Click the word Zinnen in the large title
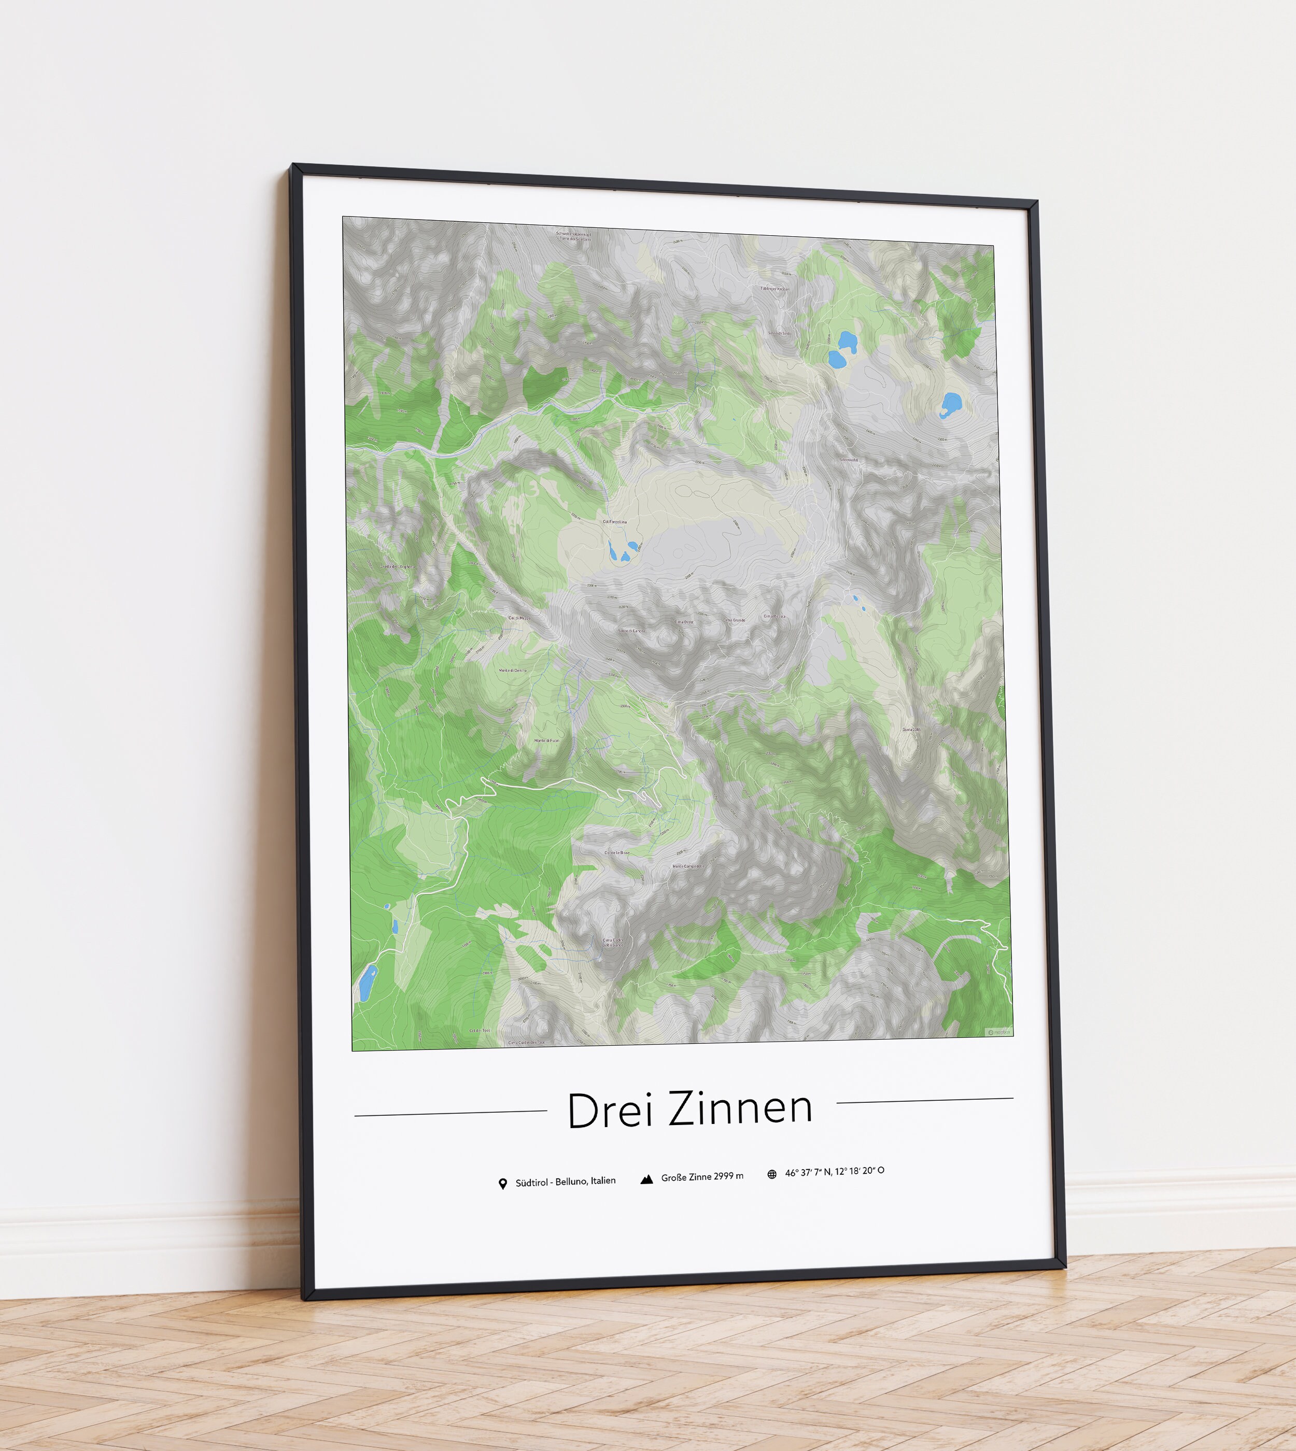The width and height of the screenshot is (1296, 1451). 741,1108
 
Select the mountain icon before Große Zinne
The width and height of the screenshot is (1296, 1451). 646,1180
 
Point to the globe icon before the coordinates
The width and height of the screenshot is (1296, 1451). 772,1174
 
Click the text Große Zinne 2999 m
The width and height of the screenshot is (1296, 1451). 702,1177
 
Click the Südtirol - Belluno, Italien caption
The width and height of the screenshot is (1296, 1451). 566,1182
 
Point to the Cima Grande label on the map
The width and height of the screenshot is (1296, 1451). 735,620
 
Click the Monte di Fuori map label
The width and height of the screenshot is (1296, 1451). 547,741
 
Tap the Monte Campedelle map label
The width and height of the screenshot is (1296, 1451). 688,866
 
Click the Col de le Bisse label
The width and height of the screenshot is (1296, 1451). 617,852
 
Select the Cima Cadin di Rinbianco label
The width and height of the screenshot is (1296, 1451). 612,943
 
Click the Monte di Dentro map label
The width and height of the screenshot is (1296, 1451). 513,671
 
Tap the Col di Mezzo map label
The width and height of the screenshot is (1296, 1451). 518,618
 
